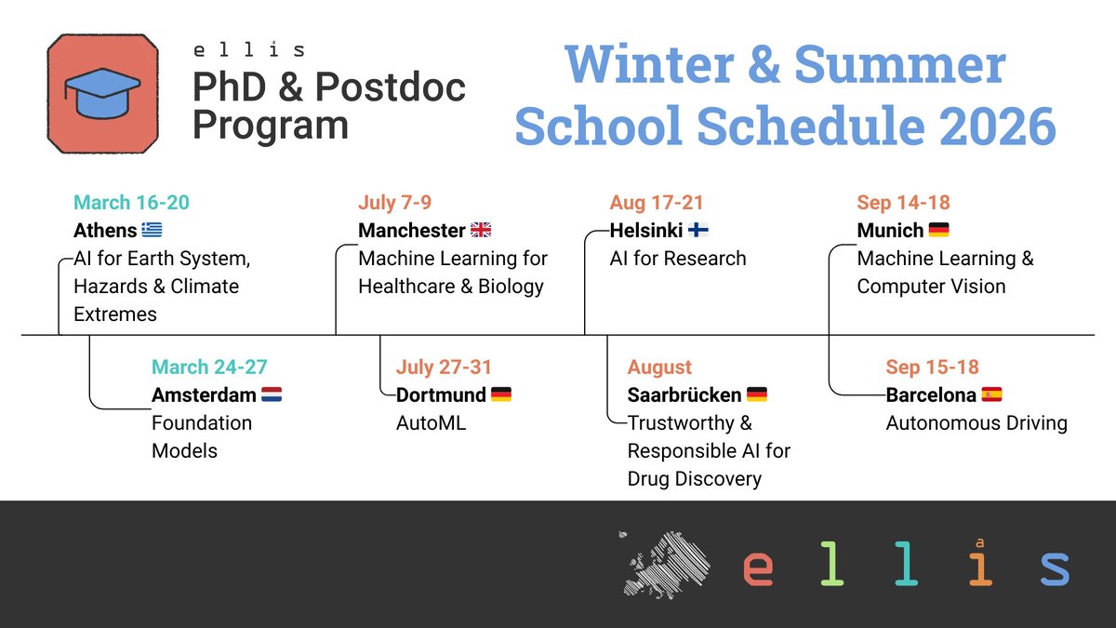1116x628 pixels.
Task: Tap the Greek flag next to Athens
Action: pyautogui.click(x=152, y=231)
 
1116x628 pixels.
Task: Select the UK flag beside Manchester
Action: pyautogui.click(x=481, y=231)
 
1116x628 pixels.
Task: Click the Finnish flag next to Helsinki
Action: pyautogui.click(x=698, y=231)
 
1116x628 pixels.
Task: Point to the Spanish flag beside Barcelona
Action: pyautogui.click(x=992, y=395)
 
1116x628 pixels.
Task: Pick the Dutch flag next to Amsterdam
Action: pyautogui.click(x=272, y=395)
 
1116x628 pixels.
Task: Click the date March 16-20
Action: pyautogui.click(x=131, y=203)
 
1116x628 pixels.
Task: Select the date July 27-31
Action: pyautogui.click(x=444, y=367)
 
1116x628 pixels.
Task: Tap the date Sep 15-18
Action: pyautogui.click(x=932, y=367)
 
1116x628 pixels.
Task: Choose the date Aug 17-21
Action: pyautogui.click(x=657, y=203)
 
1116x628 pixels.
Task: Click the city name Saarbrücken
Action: pyautogui.click(x=684, y=395)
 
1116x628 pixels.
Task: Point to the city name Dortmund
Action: pyautogui.click(x=441, y=395)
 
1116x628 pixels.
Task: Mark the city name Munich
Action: pyautogui.click(x=890, y=231)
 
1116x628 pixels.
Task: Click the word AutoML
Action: pyautogui.click(x=431, y=423)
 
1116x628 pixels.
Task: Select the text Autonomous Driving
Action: pyautogui.click(x=976, y=423)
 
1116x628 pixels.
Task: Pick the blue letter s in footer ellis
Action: pyautogui.click(x=1055, y=568)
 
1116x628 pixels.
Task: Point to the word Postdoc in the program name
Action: pyautogui.click(x=390, y=87)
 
